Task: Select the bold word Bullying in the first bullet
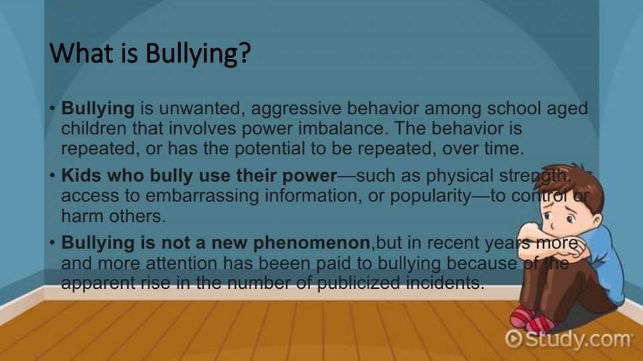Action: click(x=98, y=109)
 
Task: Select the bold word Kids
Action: click(x=81, y=175)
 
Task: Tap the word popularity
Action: click(x=431, y=197)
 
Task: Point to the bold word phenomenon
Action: click(x=311, y=243)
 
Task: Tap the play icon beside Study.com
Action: click(x=514, y=339)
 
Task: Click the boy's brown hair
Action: click(x=574, y=185)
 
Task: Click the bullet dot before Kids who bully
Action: click(x=52, y=176)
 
